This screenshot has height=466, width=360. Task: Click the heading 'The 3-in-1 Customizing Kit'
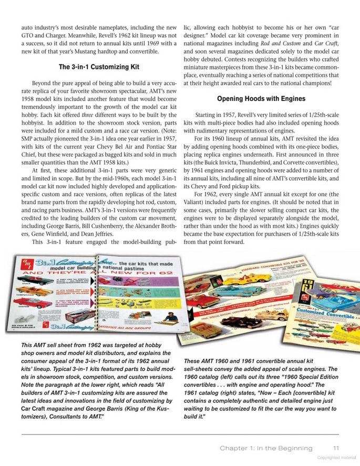99,67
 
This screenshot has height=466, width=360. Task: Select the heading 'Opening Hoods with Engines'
261,98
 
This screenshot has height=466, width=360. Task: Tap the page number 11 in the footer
336,448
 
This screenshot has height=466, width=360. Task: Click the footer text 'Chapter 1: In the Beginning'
266,448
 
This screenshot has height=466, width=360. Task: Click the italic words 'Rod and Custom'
279,43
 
